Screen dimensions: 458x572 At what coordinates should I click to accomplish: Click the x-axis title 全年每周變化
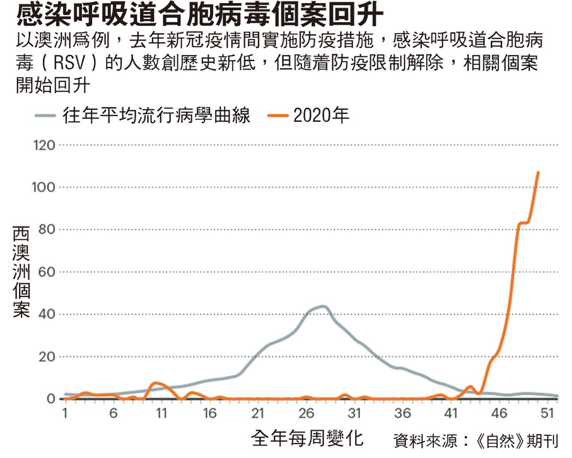coord(307,438)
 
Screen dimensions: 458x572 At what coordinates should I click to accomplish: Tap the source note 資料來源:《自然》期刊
coord(476,439)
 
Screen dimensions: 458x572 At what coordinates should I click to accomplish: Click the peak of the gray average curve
coord(322,307)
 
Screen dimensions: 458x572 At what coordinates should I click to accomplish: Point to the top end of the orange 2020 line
coord(538,172)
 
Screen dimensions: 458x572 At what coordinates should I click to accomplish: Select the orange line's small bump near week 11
coord(157,383)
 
